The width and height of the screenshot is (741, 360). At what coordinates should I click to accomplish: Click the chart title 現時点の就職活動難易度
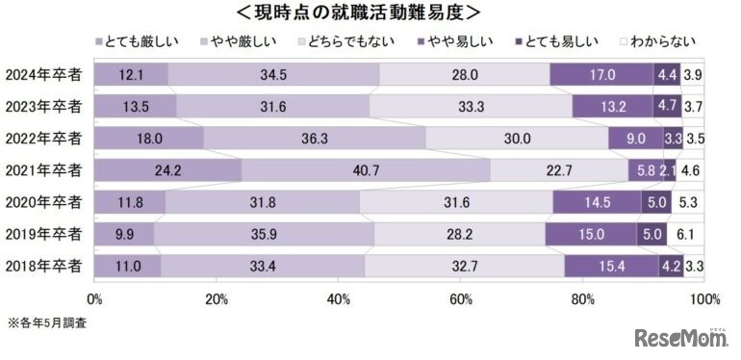[x=370, y=13]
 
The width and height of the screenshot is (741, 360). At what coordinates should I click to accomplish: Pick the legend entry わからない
[x=666, y=42]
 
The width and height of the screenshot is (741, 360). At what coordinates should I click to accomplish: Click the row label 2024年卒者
[x=43, y=75]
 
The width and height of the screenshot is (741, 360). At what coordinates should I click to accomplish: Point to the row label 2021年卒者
[x=43, y=169]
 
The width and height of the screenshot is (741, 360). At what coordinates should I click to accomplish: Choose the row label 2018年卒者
[x=43, y=265]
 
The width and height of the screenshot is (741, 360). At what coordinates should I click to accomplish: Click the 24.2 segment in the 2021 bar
[x=166, y=170]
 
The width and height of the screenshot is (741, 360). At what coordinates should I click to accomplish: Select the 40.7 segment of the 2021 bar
[x=366, y=170]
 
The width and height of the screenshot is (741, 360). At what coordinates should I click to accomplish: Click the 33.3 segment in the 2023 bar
[x=471, y=107]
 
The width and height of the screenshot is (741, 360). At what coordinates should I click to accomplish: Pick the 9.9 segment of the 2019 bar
[x=124, y=234]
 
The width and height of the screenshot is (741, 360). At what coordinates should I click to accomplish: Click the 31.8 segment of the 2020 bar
[x=262, y=202]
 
